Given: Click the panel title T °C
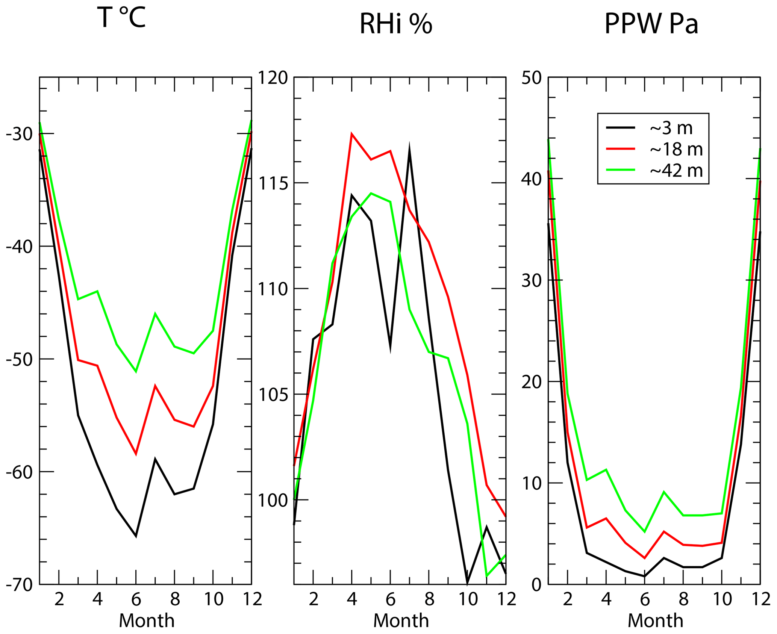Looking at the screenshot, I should click(121, 18).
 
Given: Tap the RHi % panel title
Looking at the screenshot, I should click(396, 24).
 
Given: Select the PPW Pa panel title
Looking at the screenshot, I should click(651, 24).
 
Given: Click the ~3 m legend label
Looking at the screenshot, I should click(671, 128).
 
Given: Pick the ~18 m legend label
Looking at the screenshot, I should click(676, 149).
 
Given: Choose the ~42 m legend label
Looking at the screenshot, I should click(676, 171).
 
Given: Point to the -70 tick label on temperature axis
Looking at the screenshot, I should click(19, 585).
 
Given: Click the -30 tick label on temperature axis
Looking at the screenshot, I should click(19, 134).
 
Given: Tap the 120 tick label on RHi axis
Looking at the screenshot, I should click(272, 78).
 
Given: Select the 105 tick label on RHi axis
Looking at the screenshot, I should click(272, 395).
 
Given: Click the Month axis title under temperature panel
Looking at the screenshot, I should click(147, 621).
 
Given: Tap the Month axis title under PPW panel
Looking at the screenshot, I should click(655, 621).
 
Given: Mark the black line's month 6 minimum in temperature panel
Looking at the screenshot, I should click(136, 536).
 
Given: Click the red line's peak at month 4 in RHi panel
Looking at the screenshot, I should click(351, 134).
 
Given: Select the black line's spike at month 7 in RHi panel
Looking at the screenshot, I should click(409, 148).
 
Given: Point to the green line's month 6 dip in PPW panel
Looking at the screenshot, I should click(645, 532).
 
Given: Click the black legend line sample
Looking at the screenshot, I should click(620, 128).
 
